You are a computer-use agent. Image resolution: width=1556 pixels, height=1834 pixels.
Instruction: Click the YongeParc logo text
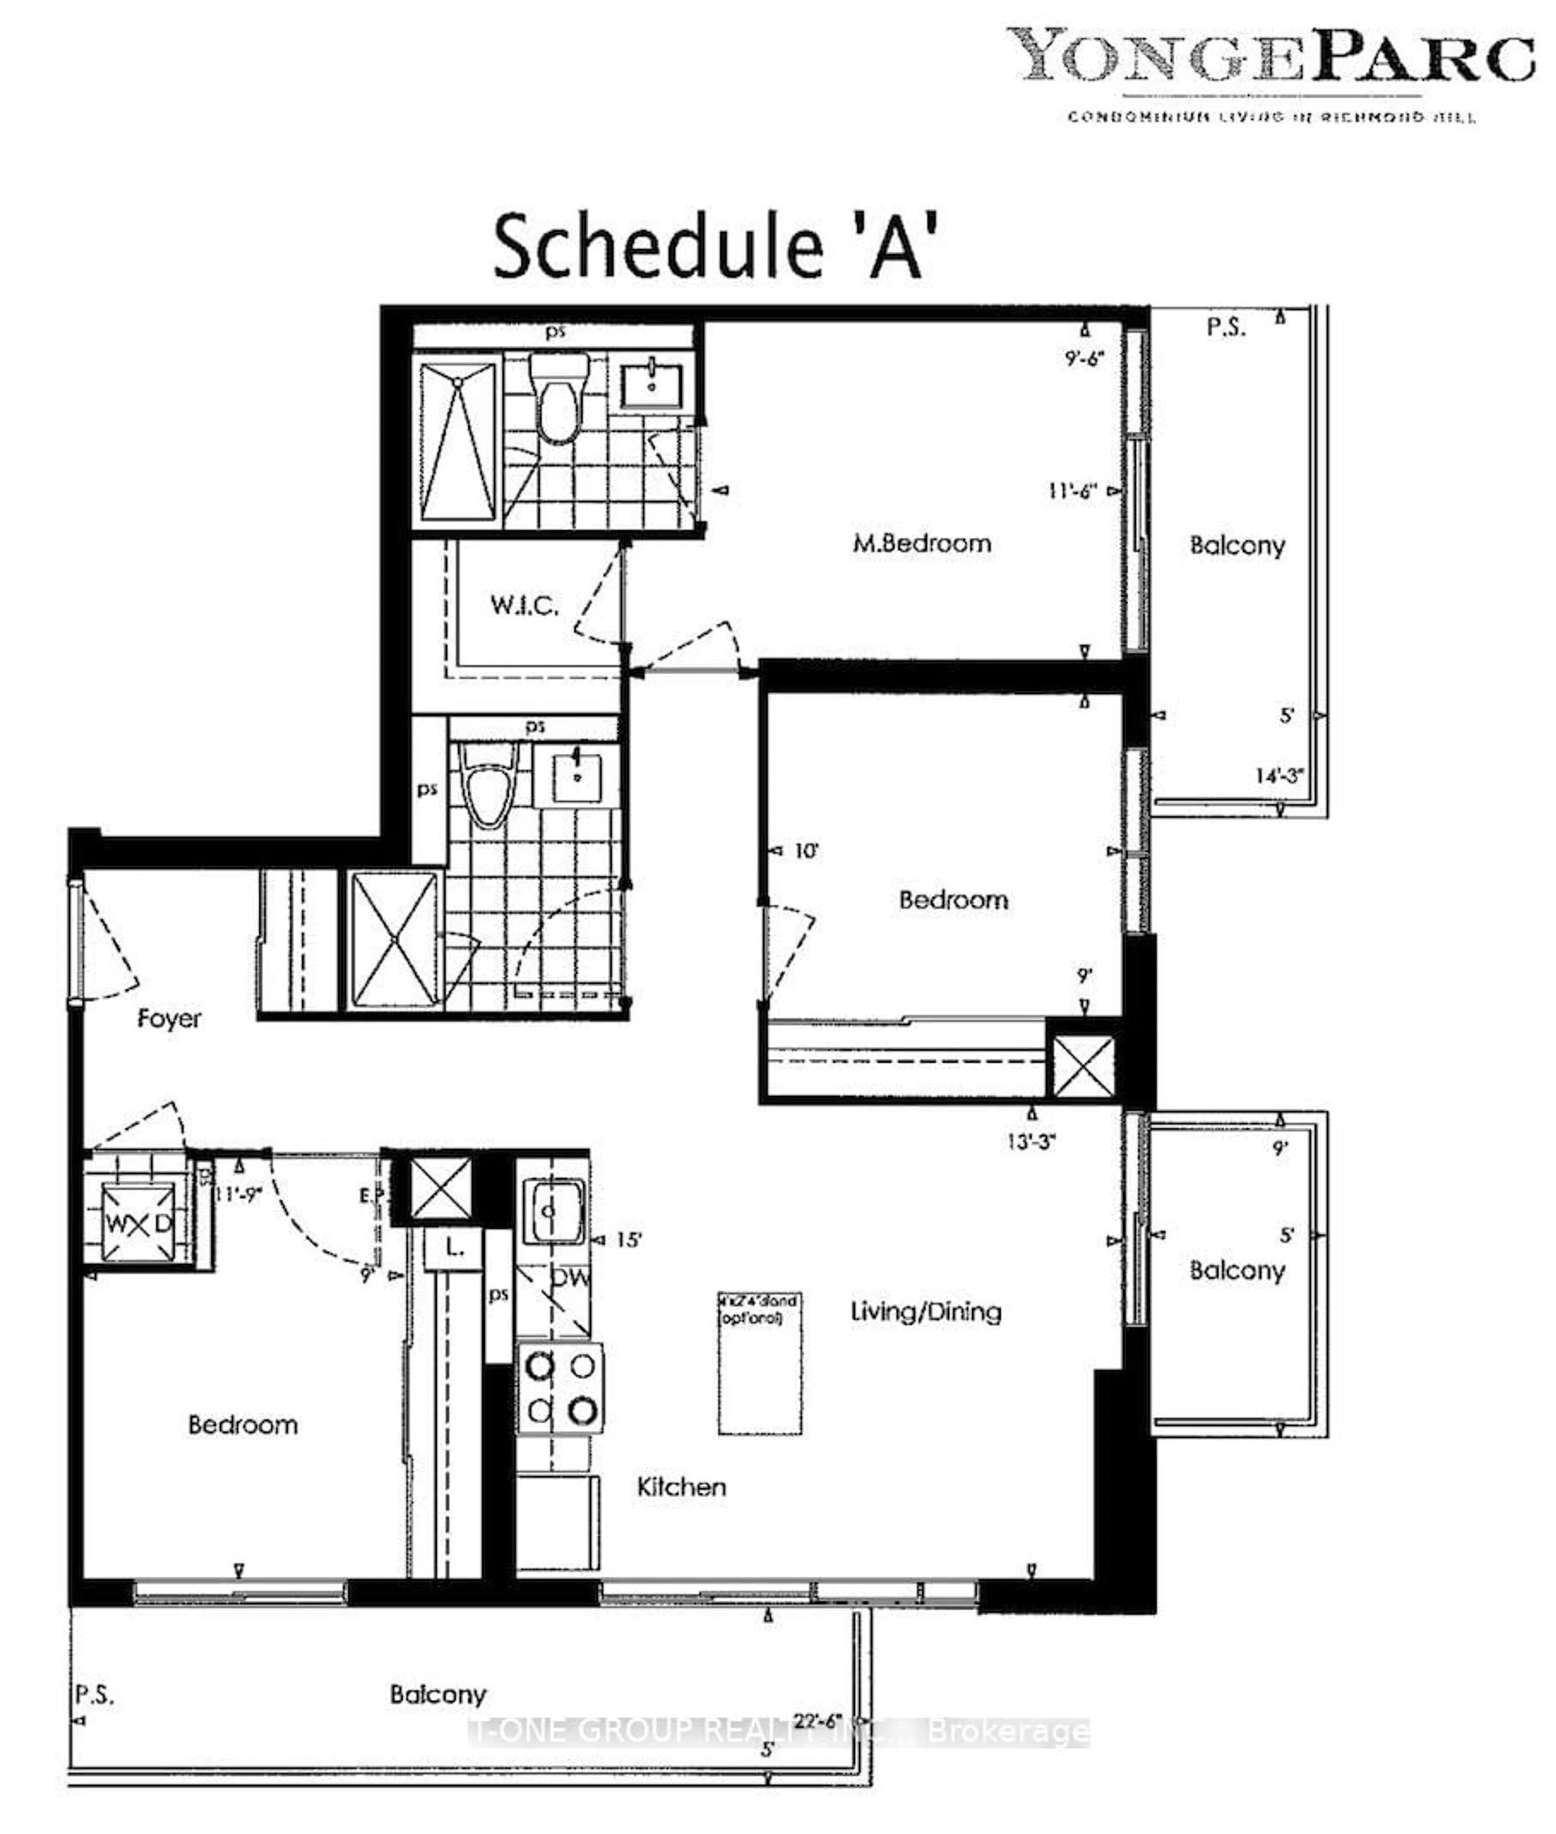(1270, 55)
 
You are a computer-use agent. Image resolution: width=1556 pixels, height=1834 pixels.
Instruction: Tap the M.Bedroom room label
(922, 544)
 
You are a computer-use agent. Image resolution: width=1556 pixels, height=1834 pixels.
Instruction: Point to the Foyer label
(169, 1019)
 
